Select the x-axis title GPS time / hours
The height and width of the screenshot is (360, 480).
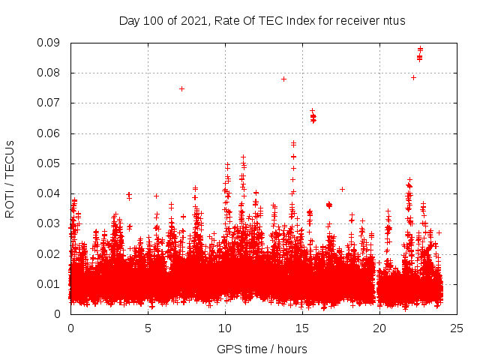coord(262,349)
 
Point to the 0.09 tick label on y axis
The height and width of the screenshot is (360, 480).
coord(49,43)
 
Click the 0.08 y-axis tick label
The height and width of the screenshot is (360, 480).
coord(49,73)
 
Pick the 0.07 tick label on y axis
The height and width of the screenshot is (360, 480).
coord(49,103)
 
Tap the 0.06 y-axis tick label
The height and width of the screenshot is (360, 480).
coord(49,133)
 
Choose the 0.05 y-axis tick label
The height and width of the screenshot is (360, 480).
coord(49,163)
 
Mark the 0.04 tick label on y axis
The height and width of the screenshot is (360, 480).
coord(49,193)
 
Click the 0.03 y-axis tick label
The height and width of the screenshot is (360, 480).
coord(49,223)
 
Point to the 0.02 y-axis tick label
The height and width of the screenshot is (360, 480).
coord(49,253)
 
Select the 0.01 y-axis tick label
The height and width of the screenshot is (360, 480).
coord(49,283)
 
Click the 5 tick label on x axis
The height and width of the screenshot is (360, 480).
coord(148,328)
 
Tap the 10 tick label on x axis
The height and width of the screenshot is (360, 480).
coord(225,328)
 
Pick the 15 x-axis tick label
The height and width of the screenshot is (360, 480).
coord(302,328)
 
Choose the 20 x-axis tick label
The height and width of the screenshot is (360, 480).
coord(379,328)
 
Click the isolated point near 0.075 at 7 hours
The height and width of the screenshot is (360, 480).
coord(181,88)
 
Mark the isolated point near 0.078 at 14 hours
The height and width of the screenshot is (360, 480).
coord(283,79)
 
